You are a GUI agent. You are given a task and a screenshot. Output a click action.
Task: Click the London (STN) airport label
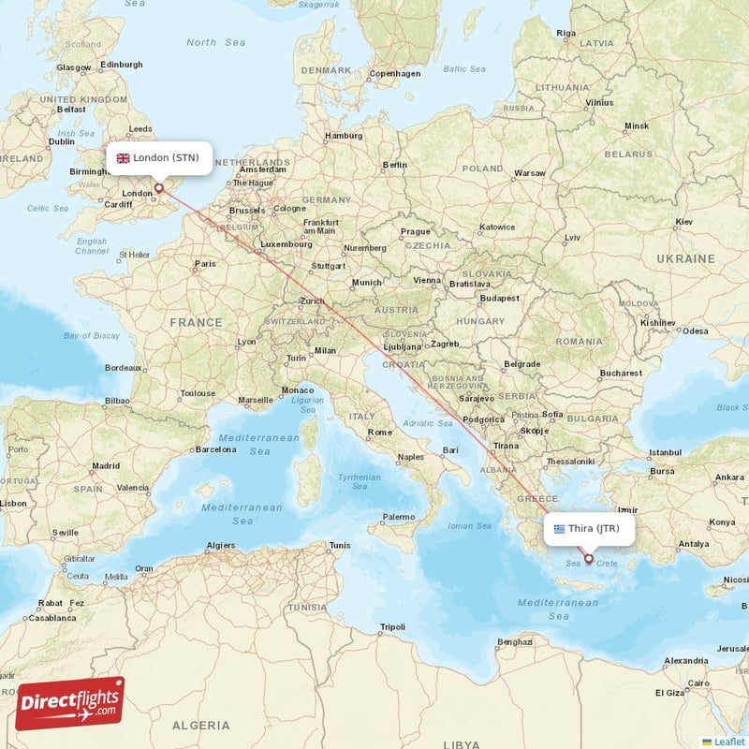click(x=158, y=157)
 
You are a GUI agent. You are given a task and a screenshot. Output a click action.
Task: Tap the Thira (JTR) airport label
click(x=587, y=528)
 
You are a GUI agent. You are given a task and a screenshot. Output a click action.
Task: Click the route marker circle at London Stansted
click(x=159, y=188)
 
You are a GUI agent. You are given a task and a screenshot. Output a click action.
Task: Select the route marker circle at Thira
click(x=589, y=559)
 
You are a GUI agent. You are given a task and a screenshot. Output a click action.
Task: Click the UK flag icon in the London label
click(x=123, y=158)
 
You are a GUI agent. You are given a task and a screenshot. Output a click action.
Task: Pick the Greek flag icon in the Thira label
click(x=560, y=528)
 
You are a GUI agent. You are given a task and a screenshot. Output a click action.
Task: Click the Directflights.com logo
click(x=69, y=703)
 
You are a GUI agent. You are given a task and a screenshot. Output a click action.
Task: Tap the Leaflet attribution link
click(x=728, y=742)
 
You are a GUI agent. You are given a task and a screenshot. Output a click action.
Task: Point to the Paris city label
click(x=205, y=264)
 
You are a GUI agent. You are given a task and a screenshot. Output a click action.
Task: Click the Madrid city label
click(x=106, y=465)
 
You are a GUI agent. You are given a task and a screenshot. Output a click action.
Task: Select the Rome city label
click(x=380, y=432)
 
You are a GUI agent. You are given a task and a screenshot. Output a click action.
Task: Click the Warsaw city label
click(x=530, y=173)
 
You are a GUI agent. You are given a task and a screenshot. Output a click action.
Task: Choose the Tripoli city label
click(x=393, y=626)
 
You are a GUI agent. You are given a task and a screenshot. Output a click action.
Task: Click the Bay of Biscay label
click(x=92, y=335)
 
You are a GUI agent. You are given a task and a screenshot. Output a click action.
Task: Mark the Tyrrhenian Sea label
click(x=359, y=482)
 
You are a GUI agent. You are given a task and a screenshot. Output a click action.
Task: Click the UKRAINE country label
click(x=685, y=257)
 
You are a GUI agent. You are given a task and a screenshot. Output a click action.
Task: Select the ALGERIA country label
click(x=201, y=725)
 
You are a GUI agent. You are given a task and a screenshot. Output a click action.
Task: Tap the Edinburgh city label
click(x=122, y=65)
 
